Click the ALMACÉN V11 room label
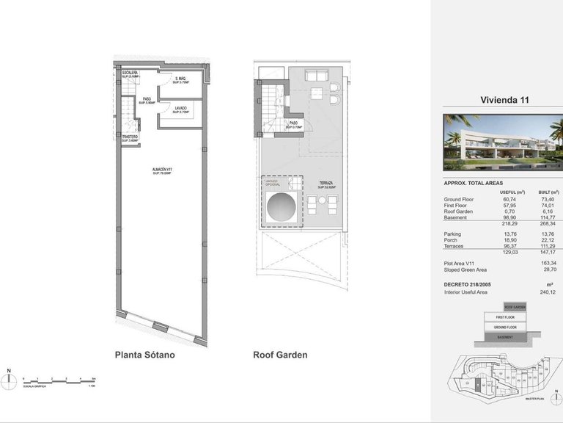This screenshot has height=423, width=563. click(x=163, y=170)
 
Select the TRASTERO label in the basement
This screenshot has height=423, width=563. click(x=130, y=137)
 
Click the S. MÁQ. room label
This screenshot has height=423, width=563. click(x=180, y=80)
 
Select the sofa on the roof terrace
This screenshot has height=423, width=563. click(x=317, y=76)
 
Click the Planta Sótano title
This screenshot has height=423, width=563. click(x=145, y=355)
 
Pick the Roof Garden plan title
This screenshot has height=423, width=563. click(x=280, y=355)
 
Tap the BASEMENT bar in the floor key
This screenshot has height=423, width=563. click(x=505, y=337)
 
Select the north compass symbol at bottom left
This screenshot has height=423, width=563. click(x=8, y=380)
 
